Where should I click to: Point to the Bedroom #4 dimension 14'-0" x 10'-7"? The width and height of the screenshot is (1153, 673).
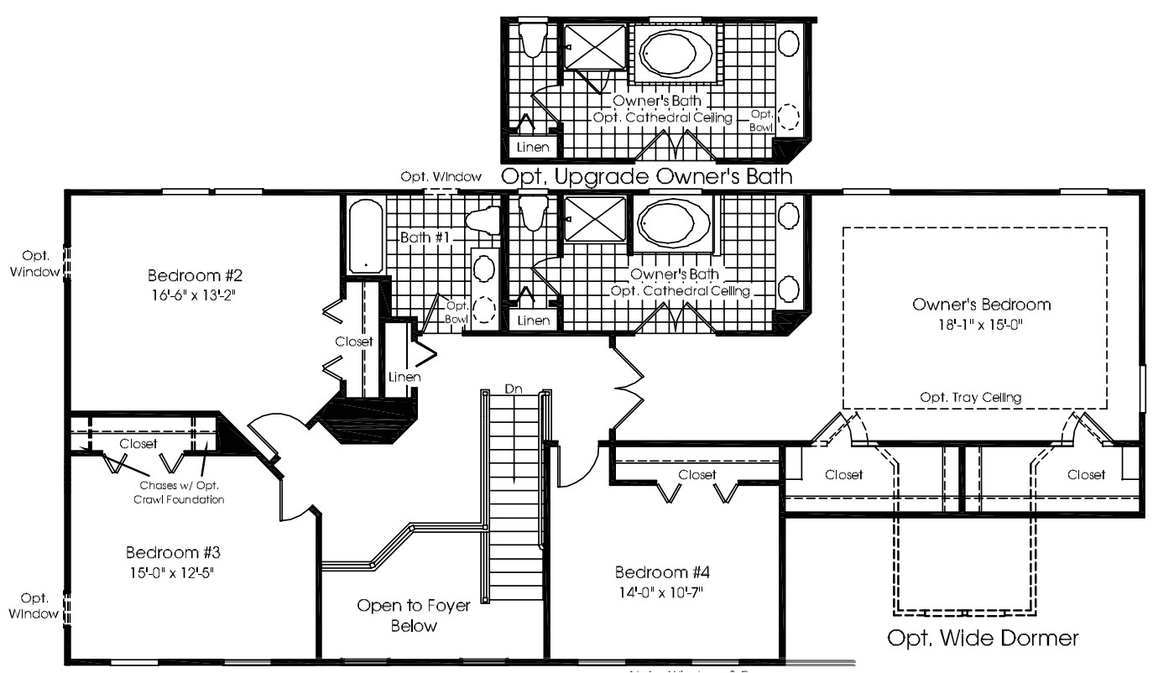click(662, 592)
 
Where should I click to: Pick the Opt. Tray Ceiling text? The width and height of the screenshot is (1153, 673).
click(970, 398)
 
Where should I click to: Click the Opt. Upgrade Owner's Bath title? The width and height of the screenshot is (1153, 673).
click(646, 176)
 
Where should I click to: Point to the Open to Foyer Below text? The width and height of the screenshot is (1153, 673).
click(414, 615)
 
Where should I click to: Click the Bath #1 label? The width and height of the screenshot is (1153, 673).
click(425, 237)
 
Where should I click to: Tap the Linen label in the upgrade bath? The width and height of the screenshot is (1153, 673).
click(533, 147)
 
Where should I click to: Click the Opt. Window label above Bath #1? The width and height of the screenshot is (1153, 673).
click(441, 176)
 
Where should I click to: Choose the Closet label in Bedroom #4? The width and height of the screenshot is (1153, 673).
click(698, 475)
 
